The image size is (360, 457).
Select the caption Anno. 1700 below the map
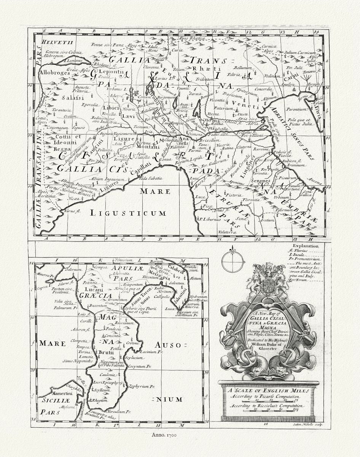[163, 434]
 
